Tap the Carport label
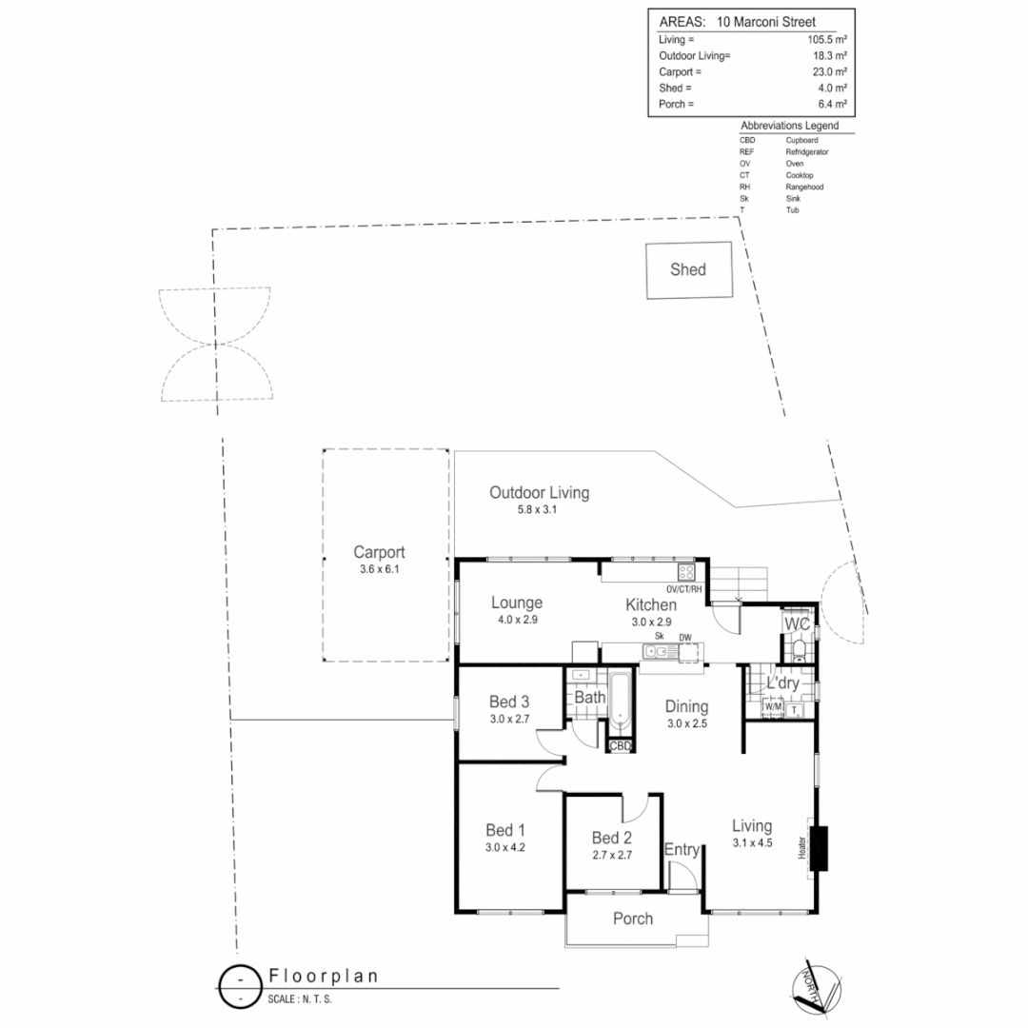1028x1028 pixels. point(379,552)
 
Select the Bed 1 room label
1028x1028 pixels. point(505,829)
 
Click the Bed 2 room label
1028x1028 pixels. point(611,838)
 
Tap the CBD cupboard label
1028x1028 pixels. point(621,746)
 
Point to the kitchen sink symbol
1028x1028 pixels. point(657,652)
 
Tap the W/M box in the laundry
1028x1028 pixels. point(773,707)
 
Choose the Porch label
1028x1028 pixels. point(633,919)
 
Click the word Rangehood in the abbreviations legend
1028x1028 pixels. point(804,187)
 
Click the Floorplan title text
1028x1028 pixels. point(324,976)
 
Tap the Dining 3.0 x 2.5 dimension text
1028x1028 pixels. point(686,723)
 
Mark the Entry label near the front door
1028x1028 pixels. point(682,849)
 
